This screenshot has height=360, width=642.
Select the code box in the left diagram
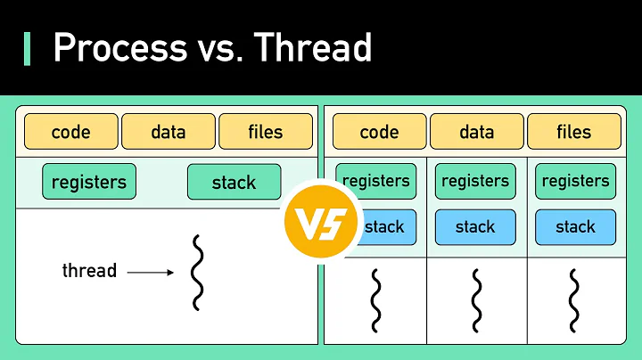pos(71,132)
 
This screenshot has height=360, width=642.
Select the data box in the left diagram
pos(169,132)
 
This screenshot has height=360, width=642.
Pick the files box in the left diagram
pos(266,132)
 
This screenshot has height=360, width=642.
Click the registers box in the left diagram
pos(89,182)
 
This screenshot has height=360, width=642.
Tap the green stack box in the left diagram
pos(234,182)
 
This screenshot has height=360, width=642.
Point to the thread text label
pos(89,270)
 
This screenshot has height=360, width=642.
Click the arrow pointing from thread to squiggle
pos(151,272)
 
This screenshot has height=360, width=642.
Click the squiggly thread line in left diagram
pos(197,271)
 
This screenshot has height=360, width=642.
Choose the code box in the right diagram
pos(379,132)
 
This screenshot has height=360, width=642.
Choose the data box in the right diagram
pos(477,132)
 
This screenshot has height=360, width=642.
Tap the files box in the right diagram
pos(574,132)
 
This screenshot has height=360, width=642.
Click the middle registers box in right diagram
pos(475,181)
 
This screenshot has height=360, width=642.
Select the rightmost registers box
pos(575,181)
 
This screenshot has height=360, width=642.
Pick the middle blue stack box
pos(475,226)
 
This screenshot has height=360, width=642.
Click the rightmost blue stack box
pos(575,226)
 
